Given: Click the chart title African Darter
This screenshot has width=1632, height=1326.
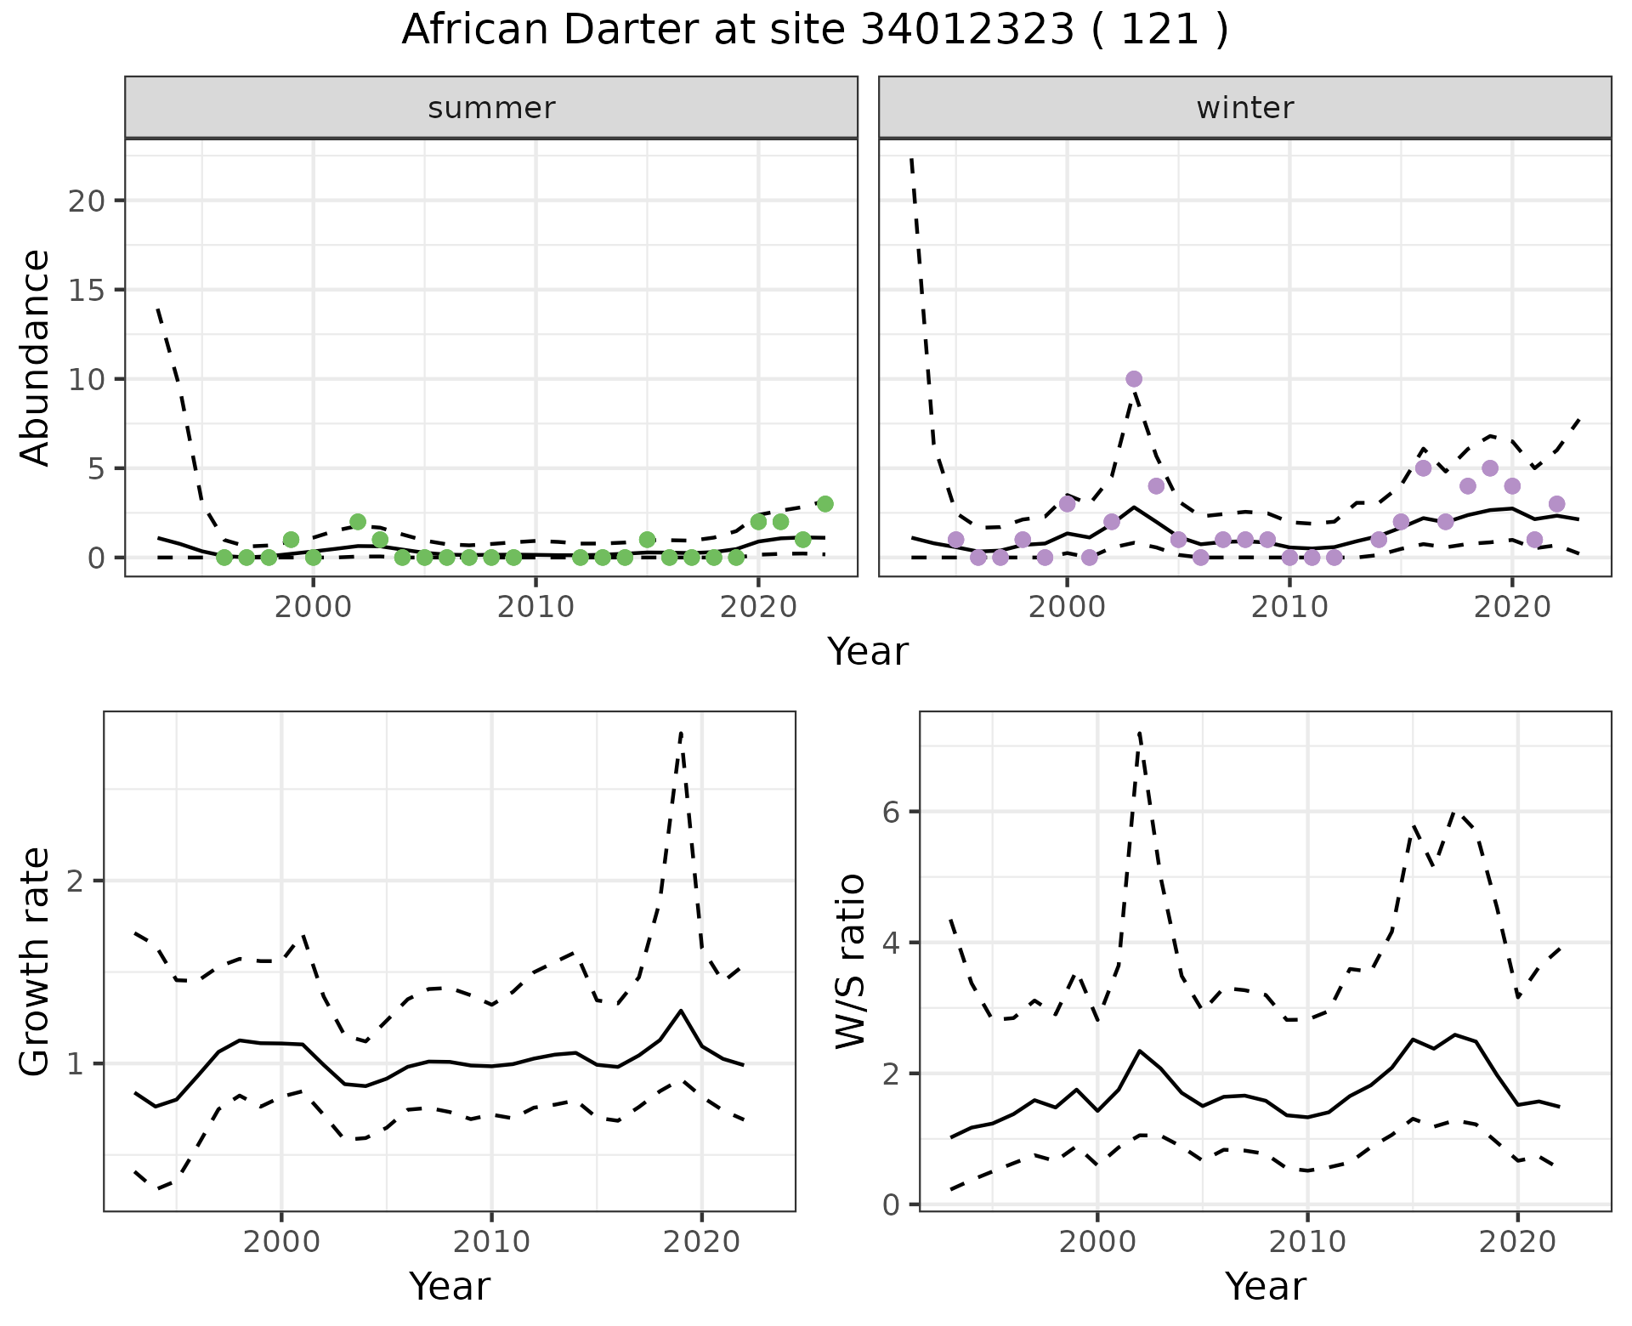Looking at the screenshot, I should (x=814, y=31).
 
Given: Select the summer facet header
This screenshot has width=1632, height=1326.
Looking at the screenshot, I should (x=491, y=108).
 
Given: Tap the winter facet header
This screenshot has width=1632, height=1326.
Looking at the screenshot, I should (x=1244, y=108).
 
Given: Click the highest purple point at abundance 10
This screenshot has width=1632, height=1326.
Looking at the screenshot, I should (x=1133, y=379).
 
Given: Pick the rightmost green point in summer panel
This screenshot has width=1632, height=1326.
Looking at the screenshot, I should (x=824, y=504).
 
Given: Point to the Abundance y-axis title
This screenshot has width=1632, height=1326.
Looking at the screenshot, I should (x=35, y=357).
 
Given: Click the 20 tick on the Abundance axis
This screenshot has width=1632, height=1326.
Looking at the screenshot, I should (x=85, y=201).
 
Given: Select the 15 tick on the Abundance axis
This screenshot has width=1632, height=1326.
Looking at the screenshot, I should (x=85, y=290).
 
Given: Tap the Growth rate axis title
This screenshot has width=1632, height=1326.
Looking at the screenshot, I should (x=35, y=961).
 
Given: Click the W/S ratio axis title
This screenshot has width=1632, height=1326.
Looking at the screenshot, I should (x=851, y=961).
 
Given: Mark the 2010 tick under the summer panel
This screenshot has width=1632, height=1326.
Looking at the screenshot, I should (x=535, y=609).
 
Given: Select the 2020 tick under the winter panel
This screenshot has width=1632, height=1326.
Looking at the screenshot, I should (x=1511, y=609).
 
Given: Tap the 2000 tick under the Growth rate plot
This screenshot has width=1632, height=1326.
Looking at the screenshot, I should (x=281, y=1243).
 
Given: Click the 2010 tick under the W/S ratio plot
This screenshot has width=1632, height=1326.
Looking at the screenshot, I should (x=1307, y=1243).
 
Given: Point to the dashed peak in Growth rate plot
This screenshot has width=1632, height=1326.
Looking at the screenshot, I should (x=681, y=733).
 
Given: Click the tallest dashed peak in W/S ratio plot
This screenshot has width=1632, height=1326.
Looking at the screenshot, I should (x=1139, y=733).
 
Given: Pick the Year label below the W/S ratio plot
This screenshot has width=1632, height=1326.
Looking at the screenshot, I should (x=1265, y=1287).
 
